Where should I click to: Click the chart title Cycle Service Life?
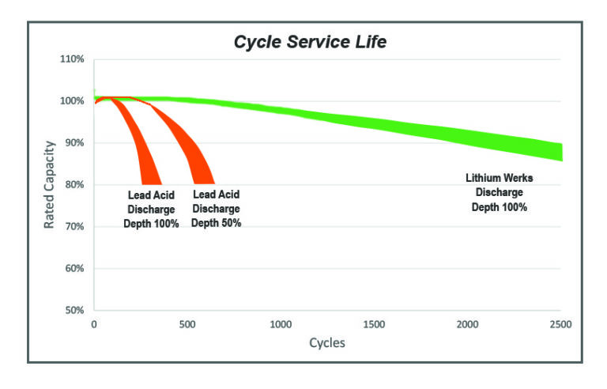(310, 42)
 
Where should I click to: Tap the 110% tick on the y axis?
(72, 59)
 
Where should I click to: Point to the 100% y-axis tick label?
(72, 101)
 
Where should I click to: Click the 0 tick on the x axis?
(94, 324)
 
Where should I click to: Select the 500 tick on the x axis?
(187, 324)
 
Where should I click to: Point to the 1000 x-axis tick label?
(281, 324)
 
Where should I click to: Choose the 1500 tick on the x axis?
(374, 324)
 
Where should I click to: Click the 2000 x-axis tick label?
(467, 324)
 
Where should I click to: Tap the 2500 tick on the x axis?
(560, 324)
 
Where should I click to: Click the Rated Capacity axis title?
(49, 184)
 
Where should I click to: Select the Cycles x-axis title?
(327, 343)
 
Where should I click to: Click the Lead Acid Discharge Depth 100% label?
(151, 209)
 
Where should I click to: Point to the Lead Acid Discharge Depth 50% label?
(216, 209)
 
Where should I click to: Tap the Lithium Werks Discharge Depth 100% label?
(499, 193)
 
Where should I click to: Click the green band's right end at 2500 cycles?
(558, 153)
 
